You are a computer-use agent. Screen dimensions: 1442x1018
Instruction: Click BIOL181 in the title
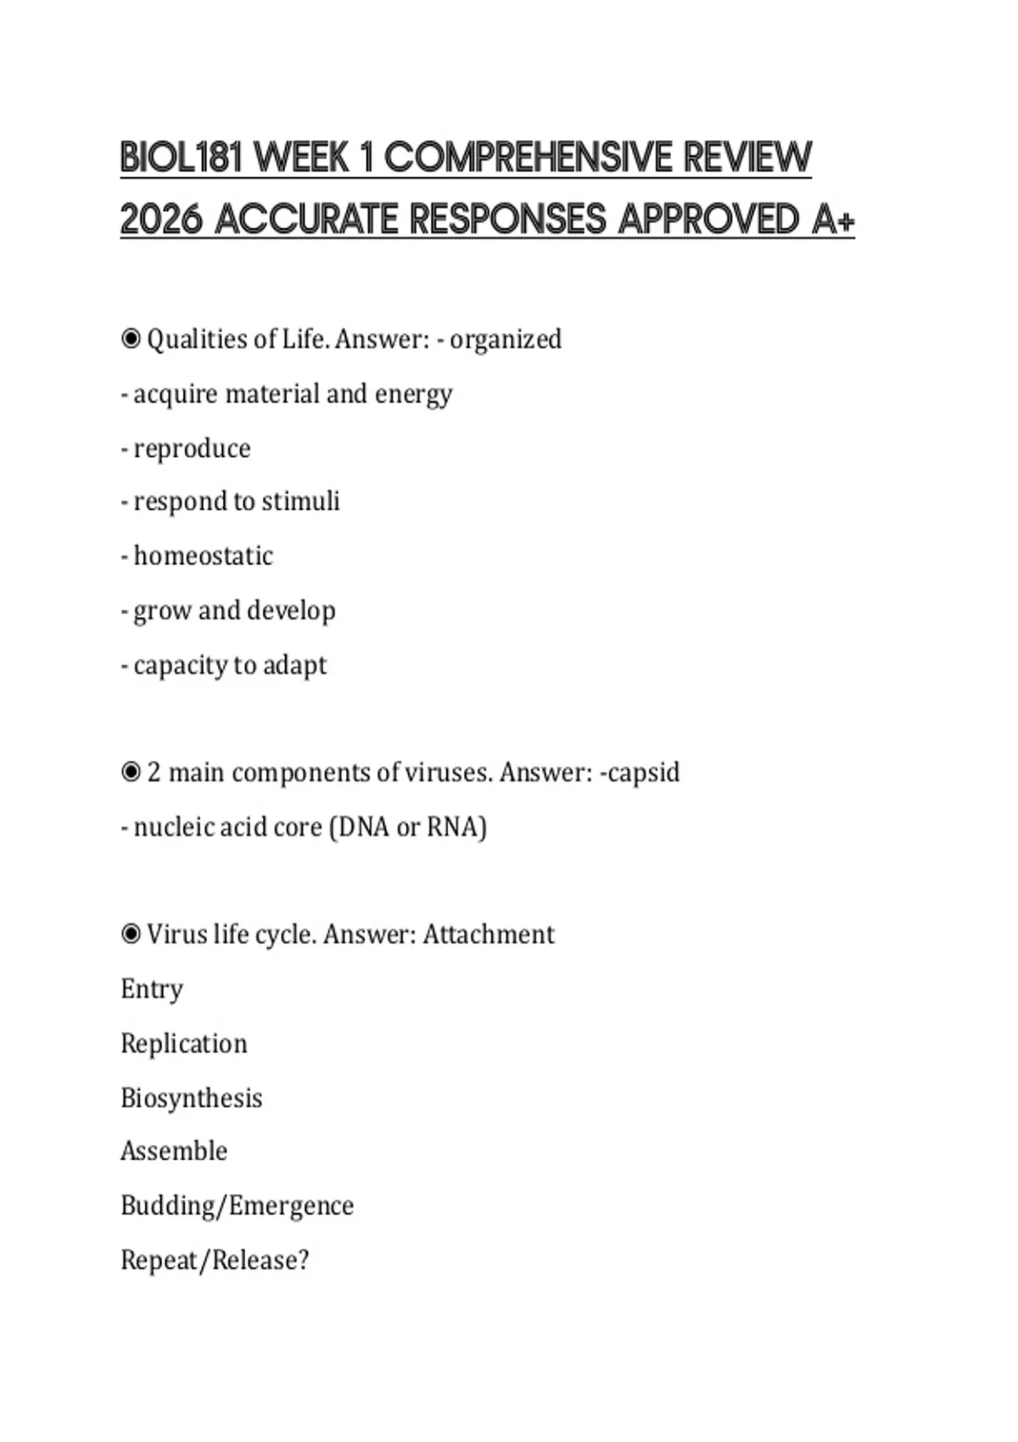coord(182,158)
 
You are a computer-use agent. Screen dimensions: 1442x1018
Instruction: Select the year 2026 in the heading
coord(161,220)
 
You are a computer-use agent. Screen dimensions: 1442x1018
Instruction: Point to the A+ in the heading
coord(832,220)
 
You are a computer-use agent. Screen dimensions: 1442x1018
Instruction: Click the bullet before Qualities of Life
coord(131,339)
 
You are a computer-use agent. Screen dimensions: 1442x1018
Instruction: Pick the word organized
coord(506,339)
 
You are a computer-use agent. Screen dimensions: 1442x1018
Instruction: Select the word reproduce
coord(192,449)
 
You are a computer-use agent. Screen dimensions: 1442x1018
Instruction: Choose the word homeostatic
coord(203,556)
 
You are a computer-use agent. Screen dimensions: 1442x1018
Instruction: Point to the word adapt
coord(294,665)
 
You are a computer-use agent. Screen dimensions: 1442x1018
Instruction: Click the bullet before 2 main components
coord(131,773)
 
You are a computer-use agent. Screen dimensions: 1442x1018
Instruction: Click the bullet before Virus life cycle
coord(131,935)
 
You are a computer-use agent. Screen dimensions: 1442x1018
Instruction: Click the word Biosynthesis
coord(191,1098)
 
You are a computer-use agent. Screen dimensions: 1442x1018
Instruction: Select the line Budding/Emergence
coord(237,1205)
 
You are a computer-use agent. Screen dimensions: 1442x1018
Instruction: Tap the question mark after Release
coord(303,1260)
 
